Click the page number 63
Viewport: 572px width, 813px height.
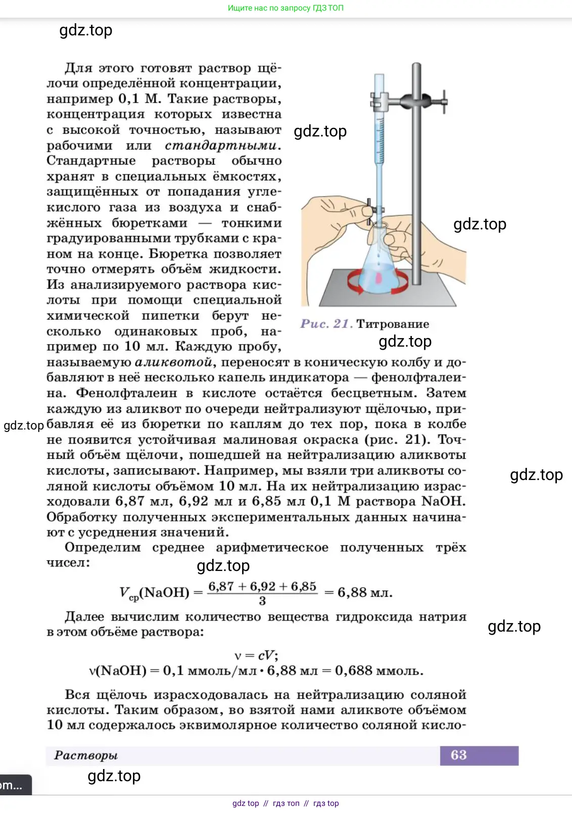(x=458, y=755)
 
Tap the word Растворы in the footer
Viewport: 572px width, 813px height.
(x=86, y=755)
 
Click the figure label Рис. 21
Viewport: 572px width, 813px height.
(x=326, y=324)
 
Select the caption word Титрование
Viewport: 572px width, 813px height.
(x=393, y=324)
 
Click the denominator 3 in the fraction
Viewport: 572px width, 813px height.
(x=262, y=601)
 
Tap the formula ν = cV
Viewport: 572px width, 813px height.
(x=256, y=655)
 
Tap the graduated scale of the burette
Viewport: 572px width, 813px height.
(x=379, y=136)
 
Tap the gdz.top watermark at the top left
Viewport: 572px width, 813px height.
(x=86, y=30)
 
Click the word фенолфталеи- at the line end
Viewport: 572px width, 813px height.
(x=418, y=377)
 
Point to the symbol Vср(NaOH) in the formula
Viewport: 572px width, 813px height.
(x=154, y=593)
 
